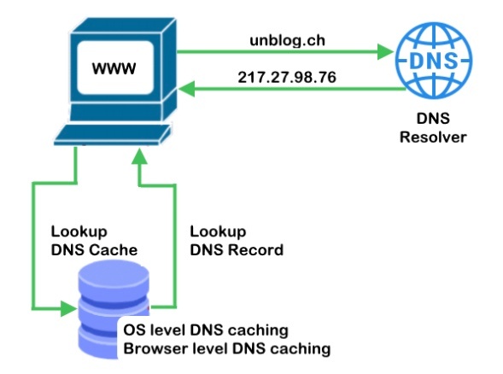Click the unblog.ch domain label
point(287,40)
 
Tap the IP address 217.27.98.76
point(287,78)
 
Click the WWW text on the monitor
point(114,68)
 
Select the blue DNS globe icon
point(434,60)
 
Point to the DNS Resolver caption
point(433,128)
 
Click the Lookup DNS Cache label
point(94,241)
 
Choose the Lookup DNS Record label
point(237,241)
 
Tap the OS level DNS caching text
point(206,330)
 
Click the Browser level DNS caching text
point(227,348)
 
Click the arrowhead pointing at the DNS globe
point(385,51)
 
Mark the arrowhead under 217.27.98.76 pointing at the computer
point(187,89)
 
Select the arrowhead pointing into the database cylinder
point(68,308)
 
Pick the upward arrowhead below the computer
point(139,157)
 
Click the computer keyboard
point(112,135)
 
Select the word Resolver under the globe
point(433,137)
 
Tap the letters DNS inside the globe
point(434,61)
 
